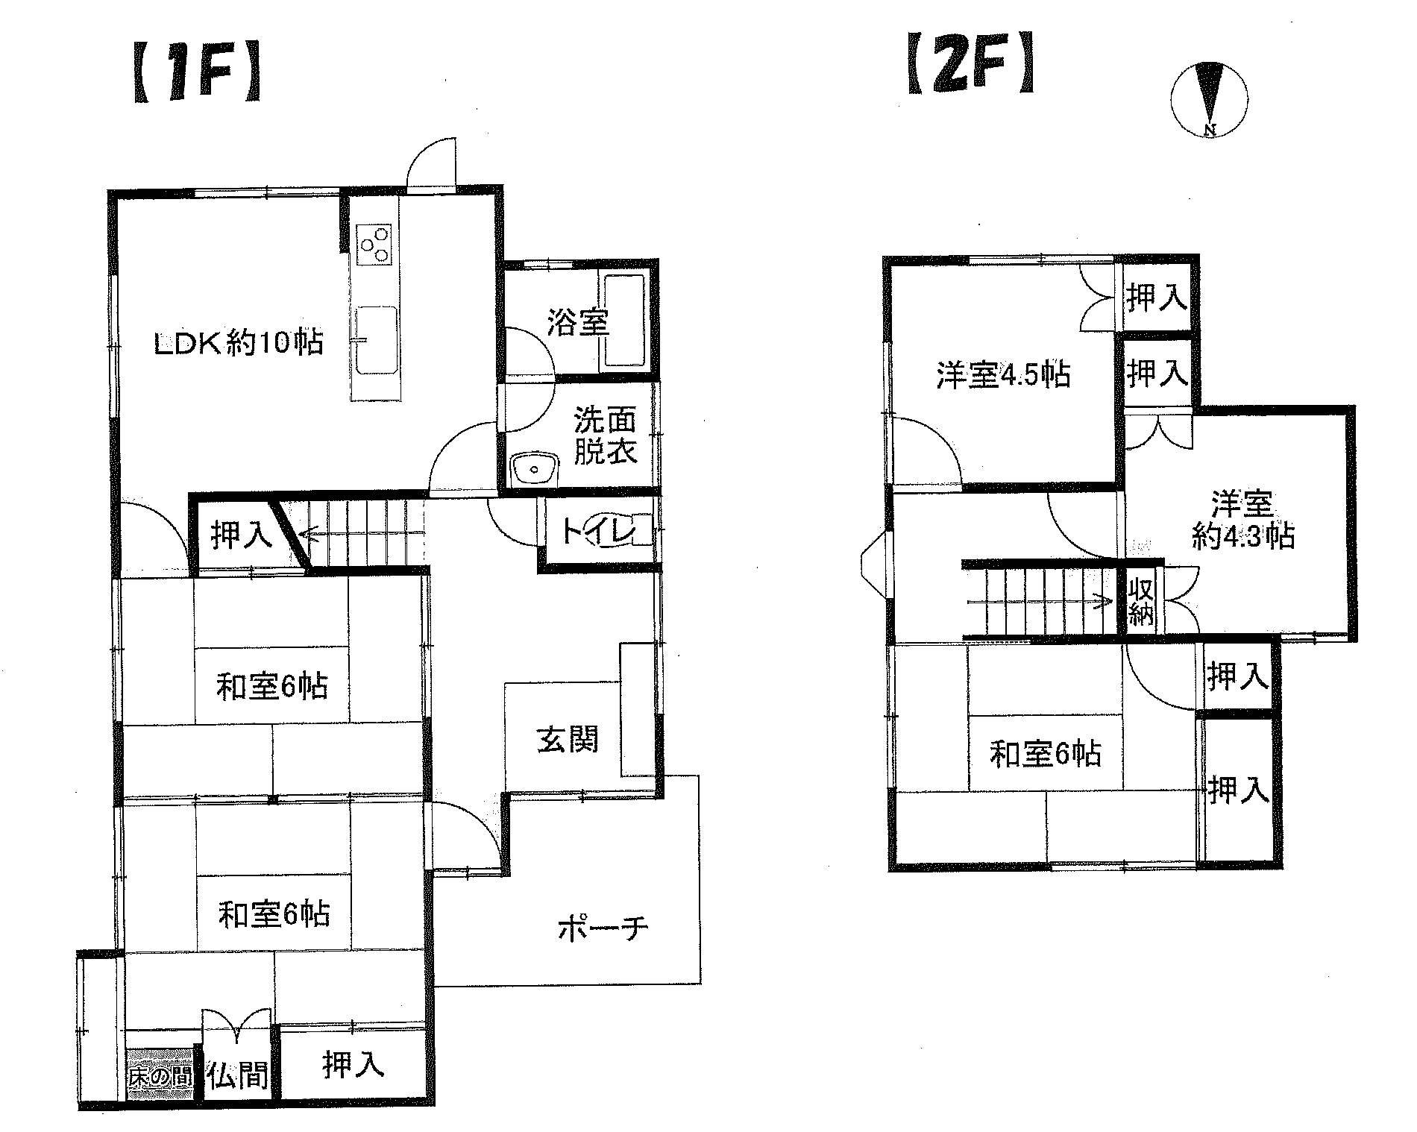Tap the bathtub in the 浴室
[x=624, y=322]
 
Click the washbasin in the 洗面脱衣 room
[x=535, y=468]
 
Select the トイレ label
[x=597, y=532]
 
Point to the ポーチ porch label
[x=603, y=929]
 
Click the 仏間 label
[x=237, y=1076]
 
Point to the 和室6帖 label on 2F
[x=1044, y=755]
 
